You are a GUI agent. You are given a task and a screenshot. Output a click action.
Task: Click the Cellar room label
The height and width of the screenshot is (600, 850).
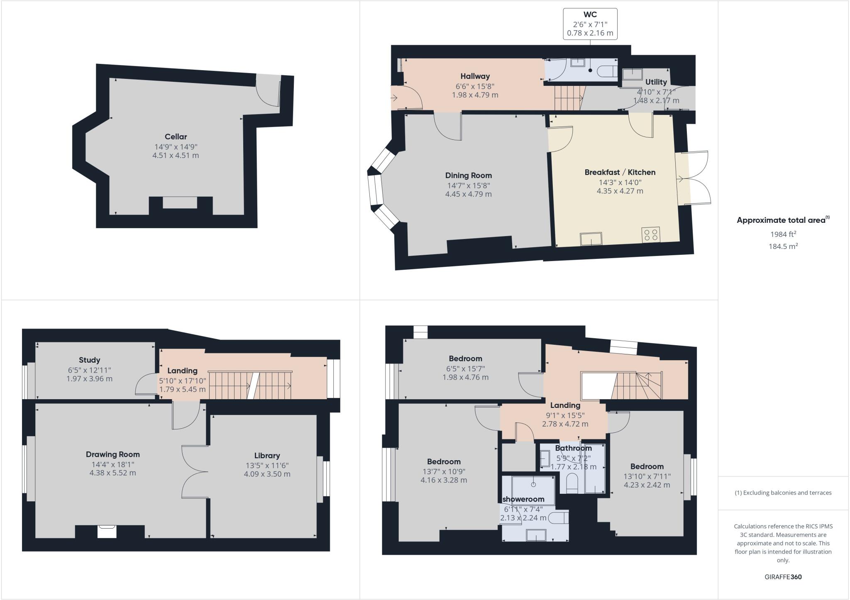tap(176, 137)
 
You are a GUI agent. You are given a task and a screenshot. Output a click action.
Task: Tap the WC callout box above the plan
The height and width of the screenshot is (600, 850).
tap(590, 24)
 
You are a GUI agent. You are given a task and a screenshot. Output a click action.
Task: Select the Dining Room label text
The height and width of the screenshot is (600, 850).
tap(468, 176)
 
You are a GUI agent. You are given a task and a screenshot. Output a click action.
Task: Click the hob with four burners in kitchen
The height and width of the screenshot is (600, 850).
tap(650, 235)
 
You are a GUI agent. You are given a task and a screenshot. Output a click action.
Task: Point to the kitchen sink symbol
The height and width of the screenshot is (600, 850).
tap(591, 239)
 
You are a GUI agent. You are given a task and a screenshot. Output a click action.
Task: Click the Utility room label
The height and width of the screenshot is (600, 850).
tap(656, 82)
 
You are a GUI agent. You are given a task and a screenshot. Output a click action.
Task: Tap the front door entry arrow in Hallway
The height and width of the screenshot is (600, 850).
tap(393, 98)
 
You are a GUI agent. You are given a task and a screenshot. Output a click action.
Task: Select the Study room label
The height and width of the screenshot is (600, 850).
tap(89, 360)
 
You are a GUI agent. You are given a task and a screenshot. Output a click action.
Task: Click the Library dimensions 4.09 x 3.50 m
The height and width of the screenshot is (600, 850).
tap(267, 474)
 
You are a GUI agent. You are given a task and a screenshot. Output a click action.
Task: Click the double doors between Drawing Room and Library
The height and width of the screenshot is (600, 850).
tap(194, 472)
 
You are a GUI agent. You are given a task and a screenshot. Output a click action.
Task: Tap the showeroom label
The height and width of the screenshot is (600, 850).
tap(523, 499)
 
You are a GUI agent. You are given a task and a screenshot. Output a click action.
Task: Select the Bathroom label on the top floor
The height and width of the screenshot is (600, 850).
tap(573, 448)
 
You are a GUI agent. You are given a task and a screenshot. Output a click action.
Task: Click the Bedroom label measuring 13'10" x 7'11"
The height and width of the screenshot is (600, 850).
tap(647, 466)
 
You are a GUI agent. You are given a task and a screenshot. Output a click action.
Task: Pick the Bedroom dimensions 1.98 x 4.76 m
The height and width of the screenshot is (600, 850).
tap(465, 377)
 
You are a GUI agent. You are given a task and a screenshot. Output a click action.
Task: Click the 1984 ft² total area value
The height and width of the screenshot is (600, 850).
tap(783, 234)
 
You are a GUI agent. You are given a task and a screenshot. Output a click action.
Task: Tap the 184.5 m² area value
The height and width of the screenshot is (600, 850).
tap(783, 246)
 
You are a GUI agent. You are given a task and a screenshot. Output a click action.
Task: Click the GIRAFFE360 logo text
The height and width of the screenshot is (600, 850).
tap(783, 577)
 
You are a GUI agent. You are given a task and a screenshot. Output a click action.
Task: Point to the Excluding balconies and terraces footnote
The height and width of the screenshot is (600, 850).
tap(783, 493)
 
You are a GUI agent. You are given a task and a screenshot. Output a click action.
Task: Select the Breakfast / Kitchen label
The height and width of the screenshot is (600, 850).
tap(620, 172)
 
